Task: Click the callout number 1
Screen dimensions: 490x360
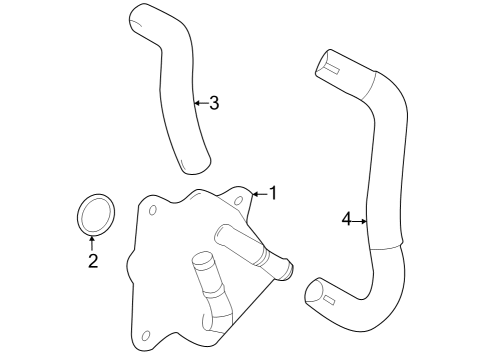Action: (x=270, y=193)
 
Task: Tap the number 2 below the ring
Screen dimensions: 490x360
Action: (x=92, y=262)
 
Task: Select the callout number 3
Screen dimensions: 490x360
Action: (x=214, y=102)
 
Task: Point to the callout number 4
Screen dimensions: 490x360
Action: (x=346, y=219)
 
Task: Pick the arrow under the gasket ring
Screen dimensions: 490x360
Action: (x=92, y=241)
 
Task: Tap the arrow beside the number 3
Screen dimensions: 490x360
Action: (x=199, y=102)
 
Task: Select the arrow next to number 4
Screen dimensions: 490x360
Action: (x=360, y=219)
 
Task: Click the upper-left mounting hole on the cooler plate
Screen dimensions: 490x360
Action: (x=152, y=211)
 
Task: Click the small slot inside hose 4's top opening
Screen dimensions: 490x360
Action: (x=327, y=69)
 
